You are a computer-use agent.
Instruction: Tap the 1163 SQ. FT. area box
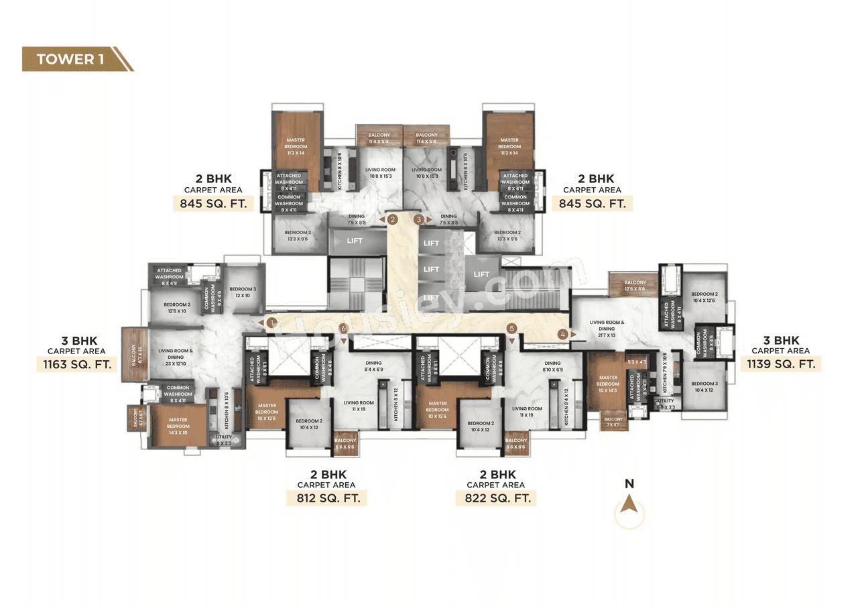pyautogui.click(x=76, y=364)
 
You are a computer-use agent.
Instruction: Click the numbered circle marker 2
pyautogui.click(x=393, y=219)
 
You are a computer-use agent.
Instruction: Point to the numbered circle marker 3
pyautogui.click(x=419, y=219)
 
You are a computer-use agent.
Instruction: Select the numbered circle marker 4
pyautogui.click(x=564, y=333)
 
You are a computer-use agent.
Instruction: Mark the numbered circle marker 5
pyautogui.click(x=511, y=329)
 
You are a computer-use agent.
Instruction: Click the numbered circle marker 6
pyautogui.click(x=343, y=329)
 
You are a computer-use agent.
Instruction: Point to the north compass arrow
pyautogui.click(x=629, y=505)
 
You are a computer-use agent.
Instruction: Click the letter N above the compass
pyautogui.click(x=629, y=484)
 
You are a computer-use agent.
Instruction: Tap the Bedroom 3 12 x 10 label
pyautogui.click(x=242, y=292)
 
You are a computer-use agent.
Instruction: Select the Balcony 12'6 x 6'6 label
pyautogui.click(x=635, y=286)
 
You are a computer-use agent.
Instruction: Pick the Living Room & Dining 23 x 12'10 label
pyautogui.click(x=176, y=354)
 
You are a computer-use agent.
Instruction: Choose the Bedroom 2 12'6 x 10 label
pyautogui.click(x=177, y=307)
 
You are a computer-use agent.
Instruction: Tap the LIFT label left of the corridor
pyautogui.click(x=355, y=241)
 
